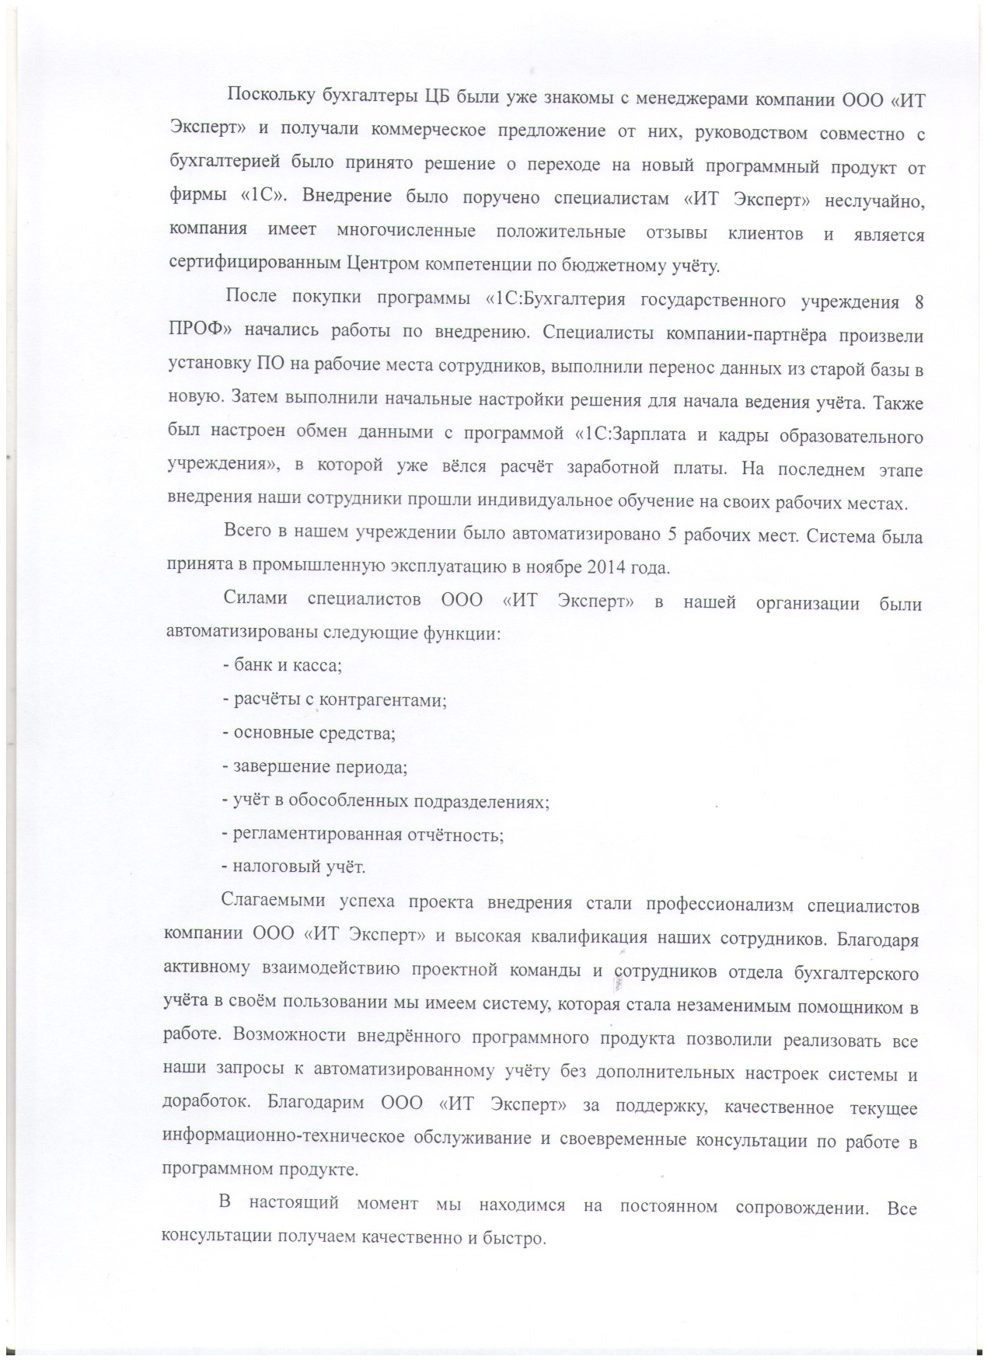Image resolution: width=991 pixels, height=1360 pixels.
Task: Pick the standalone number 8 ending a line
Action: (x=919, y=303)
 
